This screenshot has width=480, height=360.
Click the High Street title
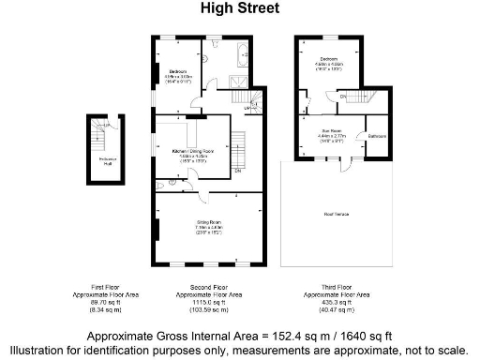tap(240, 9)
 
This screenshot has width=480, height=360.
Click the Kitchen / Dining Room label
tap(193, 151)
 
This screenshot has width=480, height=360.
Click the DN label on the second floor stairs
tap(238, 171)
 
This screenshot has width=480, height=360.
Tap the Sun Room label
tap(331, 131)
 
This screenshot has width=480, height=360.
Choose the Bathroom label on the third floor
tap(378, 137)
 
